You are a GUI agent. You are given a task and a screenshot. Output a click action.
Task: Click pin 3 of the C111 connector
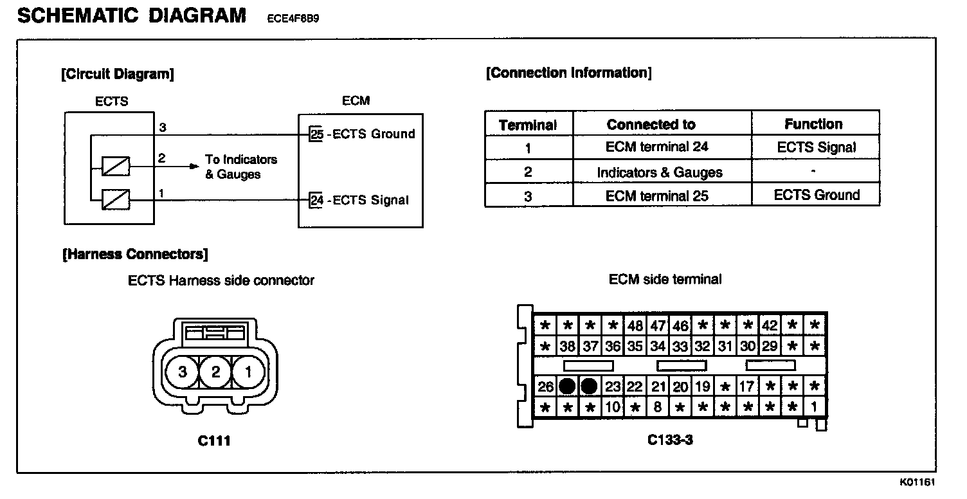pos(183,372)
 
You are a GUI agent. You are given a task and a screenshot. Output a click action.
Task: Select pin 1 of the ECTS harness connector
pos(249,372)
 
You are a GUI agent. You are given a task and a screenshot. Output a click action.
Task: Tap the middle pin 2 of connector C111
pos(216,372)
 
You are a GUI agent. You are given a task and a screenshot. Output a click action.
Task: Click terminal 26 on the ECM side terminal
pos(545,387)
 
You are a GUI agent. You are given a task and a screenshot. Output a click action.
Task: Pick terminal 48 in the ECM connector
pos(635,325)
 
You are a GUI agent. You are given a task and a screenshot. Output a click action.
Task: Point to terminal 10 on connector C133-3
pos(613,407)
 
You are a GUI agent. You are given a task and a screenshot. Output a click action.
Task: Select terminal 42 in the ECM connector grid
pos(770,325)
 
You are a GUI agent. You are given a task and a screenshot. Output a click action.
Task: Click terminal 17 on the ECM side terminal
pos(747,387)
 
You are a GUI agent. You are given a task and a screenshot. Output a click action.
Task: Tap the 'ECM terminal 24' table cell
pos(657,147)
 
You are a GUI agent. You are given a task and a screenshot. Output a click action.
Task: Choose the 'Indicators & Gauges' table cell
pos(660,172)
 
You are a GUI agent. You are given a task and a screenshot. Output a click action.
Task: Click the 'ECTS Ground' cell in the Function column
pos(817,195)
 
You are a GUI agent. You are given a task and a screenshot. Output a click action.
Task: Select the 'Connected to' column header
pos(651,124)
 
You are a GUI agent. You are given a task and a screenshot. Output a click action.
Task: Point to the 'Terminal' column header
pos(528,125)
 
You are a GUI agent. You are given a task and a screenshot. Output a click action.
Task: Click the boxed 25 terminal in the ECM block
pos(316,134)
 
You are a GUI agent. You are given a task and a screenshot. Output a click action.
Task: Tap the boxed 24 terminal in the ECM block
pos(316,200)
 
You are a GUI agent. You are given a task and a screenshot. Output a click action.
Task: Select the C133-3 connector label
pos(670,441)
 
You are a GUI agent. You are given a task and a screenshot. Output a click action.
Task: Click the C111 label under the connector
pos(214,441)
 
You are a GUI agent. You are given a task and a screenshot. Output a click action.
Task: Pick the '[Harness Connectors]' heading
pos(135,255)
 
